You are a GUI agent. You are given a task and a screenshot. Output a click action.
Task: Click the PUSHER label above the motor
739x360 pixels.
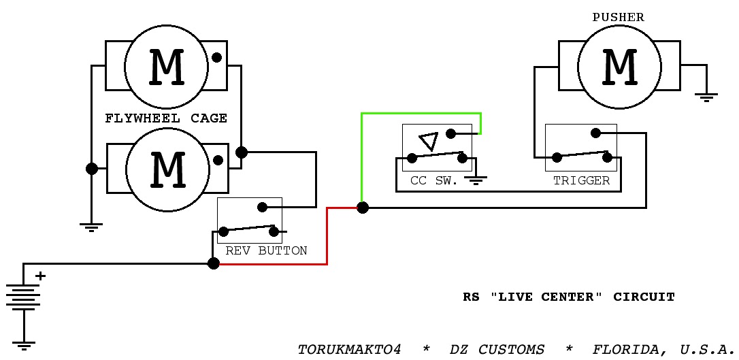click(618, 18)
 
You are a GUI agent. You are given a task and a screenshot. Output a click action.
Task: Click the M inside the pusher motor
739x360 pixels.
click(620, 67)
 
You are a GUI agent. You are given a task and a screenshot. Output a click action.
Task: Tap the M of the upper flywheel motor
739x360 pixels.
click(166, 67)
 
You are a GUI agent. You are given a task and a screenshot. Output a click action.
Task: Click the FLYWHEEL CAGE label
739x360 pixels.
click(166, 118)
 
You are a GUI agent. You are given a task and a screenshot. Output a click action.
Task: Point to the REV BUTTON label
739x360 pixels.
click(266, 250)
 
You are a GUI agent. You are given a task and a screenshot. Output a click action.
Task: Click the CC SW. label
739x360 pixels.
click(434, 180)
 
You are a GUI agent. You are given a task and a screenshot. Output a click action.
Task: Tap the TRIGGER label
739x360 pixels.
click(581, 180)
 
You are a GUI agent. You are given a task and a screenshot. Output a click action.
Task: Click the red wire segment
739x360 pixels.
click(327, 235)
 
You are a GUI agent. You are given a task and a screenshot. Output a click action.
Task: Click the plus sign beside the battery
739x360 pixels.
click(41, 276)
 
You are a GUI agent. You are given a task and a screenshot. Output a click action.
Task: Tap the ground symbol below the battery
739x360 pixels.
click(23, 345)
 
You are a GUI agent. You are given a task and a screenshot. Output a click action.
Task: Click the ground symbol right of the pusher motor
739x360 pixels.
click(706, 97)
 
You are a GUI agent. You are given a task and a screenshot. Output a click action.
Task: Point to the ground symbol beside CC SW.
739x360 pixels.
click(476, 180)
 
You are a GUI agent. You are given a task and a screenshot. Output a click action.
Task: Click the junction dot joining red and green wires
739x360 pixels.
click(362, 208)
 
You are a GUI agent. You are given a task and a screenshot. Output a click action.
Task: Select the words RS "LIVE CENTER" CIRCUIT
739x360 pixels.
click(569, 297)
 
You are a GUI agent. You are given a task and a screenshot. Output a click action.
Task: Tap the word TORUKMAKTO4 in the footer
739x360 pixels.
click(349, 350)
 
